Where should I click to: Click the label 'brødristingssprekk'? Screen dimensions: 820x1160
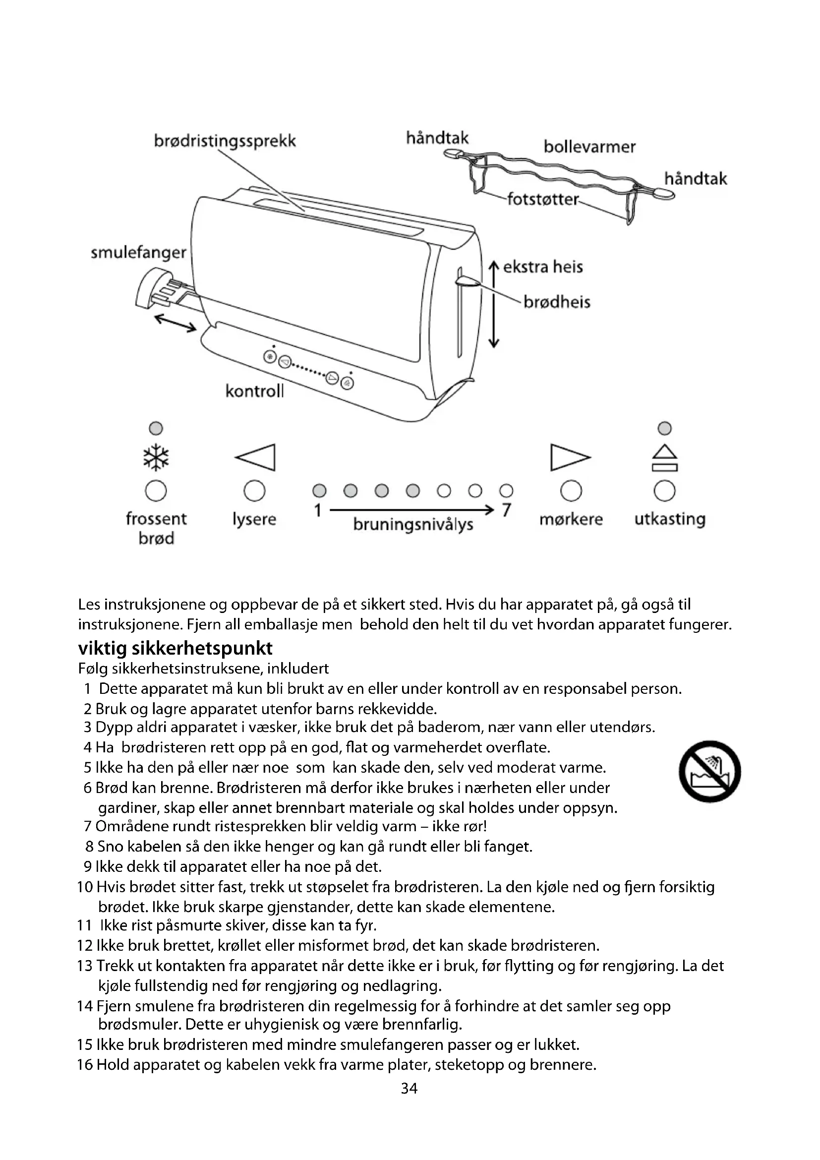coord(225,141)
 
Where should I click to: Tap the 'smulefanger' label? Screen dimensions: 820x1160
coord(138,252)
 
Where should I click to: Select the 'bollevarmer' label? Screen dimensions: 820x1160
coord(589,147)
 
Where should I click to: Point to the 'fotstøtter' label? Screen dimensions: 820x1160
coord(543,199)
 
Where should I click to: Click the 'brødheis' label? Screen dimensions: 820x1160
coord(557,302)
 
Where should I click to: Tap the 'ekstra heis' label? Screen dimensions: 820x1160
coord(543,267)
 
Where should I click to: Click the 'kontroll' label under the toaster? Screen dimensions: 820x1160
coord(254,391)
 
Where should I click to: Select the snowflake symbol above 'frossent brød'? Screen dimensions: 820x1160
coord(156,458)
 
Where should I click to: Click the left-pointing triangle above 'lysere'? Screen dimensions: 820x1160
coord(255,457)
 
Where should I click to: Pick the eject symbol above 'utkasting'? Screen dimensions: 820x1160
coord(664,458)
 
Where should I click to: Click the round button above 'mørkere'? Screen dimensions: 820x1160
coord(571,490)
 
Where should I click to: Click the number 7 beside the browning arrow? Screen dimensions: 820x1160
coord(507,510)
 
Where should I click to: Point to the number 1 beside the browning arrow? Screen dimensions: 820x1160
coord(318,511)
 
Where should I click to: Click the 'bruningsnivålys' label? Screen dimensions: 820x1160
coord(413,525)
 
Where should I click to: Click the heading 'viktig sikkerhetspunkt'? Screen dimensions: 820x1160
coord(175,648)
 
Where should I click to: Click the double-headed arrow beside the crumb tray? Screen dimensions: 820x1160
coord(175,323)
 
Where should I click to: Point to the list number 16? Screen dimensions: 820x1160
coord(85,1064)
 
